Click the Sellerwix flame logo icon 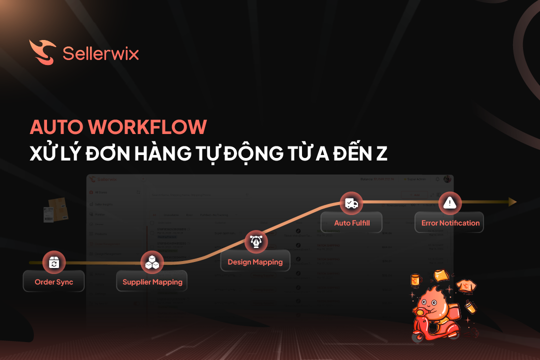(42, 52)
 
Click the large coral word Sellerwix (100, 52)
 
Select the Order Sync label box (54, 282)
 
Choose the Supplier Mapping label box (152, 282)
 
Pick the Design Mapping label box (255, 261)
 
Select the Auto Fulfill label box (352, 223)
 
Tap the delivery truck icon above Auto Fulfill (351, 203)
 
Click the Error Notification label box (450, 223)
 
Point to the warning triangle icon (450, 202)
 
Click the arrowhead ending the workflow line (512, 202)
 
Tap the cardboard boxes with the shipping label (55, 209)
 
